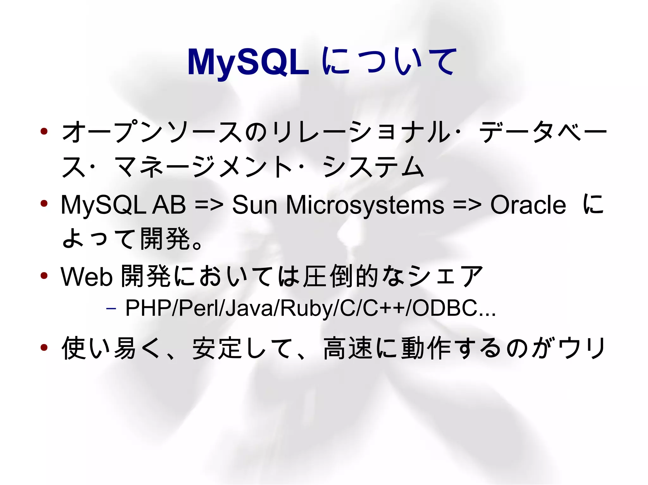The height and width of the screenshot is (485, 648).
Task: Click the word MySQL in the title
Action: click(x=248, y=62)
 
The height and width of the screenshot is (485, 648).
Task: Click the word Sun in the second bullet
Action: click(x=254, y=205)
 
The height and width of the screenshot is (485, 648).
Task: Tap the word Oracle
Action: click(x=528, y=205)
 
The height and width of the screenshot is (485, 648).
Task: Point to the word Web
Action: click(x=86, y=277)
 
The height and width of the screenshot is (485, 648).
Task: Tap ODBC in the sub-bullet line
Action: click(x=445, y=308)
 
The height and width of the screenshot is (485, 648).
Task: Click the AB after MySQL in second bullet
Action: click(x=169, y=205)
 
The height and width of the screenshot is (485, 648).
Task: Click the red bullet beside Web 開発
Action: click(x=44, y=276)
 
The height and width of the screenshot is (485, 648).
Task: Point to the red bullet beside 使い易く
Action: click(x=44, y=348)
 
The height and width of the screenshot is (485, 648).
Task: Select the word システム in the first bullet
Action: click(x=373, y=167)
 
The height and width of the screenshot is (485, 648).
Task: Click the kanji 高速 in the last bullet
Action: click(x=348, y=348)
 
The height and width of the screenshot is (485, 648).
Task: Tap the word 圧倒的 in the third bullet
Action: click(x=340, y=277)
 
